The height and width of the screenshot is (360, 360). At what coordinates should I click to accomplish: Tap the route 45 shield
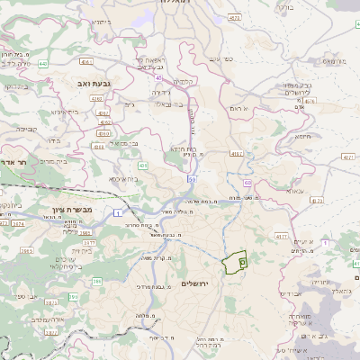coord(158,78)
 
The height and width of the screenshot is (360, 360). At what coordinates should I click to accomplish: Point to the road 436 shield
coord(143,166)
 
